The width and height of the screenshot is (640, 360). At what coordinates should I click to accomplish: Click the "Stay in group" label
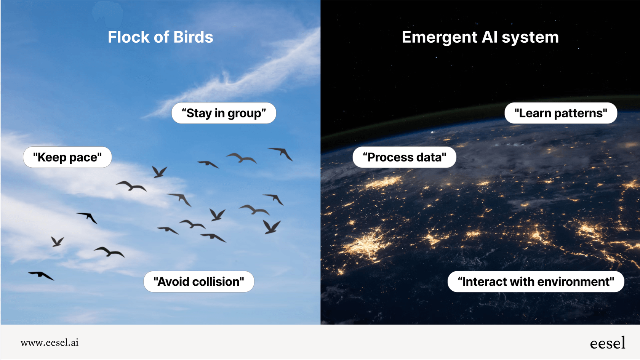(224, 113)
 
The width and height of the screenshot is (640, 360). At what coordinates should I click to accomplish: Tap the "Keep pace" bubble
(67, 157)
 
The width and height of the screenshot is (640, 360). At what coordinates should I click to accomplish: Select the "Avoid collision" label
(198, 282)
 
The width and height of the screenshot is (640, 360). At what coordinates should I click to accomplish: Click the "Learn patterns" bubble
(560, 113)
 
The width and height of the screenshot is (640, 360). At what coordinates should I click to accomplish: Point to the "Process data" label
(404, 157)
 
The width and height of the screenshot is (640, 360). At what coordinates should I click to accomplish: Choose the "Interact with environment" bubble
(536, 282)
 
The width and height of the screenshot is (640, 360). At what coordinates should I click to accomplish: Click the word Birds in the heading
(193, 37)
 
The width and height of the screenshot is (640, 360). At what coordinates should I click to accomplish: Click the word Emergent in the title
(439, 37)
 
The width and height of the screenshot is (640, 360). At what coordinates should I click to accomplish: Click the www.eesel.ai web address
(50, 343)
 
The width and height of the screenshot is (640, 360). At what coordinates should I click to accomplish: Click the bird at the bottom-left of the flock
(41, 275)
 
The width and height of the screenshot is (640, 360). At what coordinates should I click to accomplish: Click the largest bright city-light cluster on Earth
(366, 244)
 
